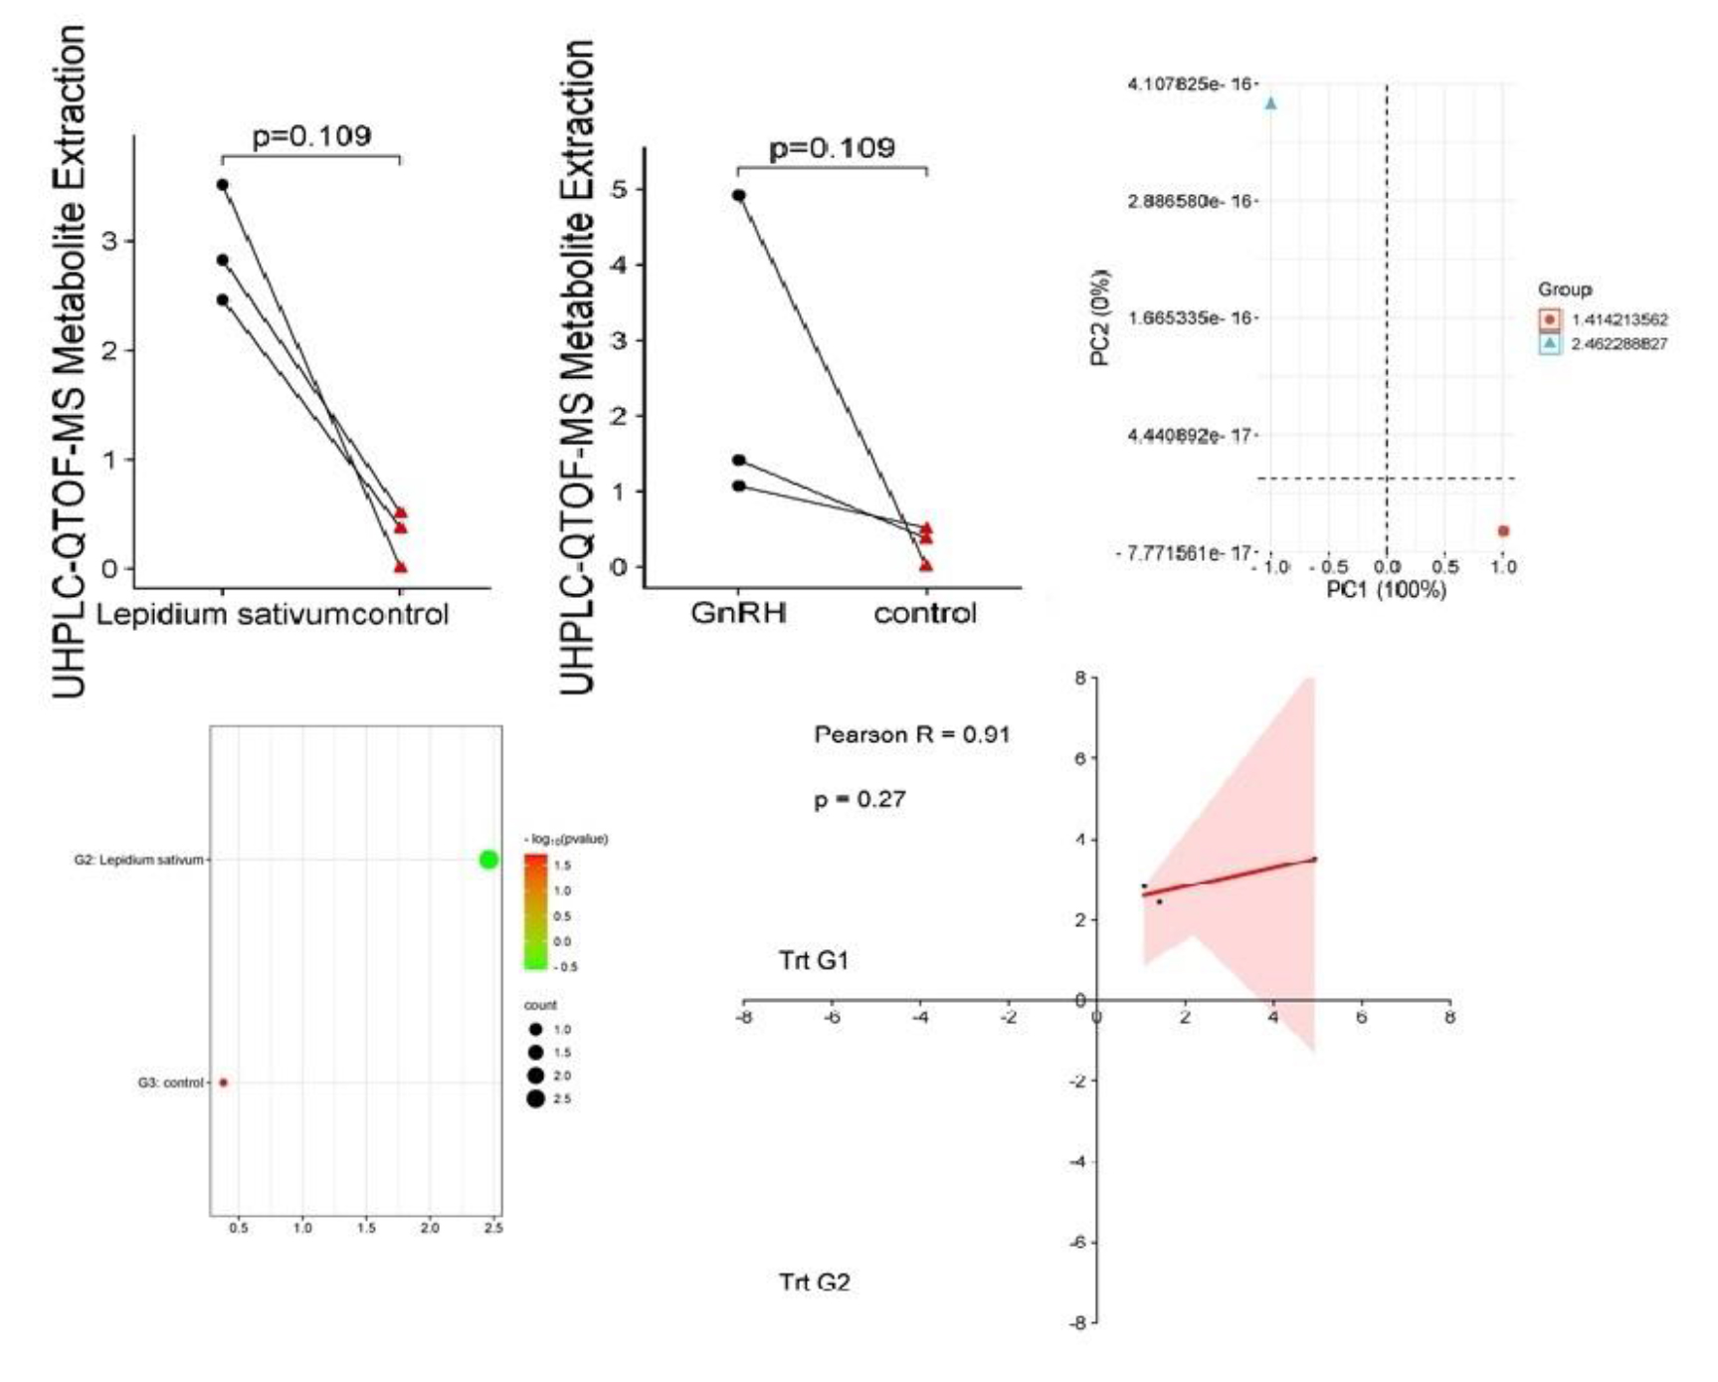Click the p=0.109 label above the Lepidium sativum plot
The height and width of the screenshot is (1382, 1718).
pyautogui.click(x=311, y=136)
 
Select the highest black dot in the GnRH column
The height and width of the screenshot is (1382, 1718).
pyautogui.click(x=738, y=195)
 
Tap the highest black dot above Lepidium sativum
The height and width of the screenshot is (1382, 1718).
pyautogui.click(x=222, y=185)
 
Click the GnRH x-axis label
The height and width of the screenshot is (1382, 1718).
pyautogui.click(x=738, y=613)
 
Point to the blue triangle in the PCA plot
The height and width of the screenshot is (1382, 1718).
pyautogui.click(x=1270, y=103)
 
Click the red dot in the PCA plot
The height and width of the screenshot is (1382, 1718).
pyautogui.click(x=1503, y=531)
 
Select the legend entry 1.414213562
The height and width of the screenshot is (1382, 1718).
pyautogui.click(x=1619, y=320)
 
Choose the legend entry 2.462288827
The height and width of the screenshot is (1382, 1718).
pyautogui.click(x=1619, y=344)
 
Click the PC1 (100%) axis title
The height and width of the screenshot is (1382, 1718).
pyautogui.click(x=1386, y=590)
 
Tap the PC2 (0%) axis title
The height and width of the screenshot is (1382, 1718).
pyautogui.click(x=1100, y=317)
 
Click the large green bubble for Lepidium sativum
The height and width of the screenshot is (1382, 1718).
pyautogui.click(x=488, y=860)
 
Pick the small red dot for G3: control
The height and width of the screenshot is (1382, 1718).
pyautogui.click(x=224, y=1083)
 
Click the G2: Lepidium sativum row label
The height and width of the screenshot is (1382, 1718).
pyautogui.click(x=138, y=860)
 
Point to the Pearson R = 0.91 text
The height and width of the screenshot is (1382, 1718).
pyautogui.click(x=911, y=735)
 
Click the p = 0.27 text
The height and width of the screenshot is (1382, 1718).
pyautogui.click(x=859, y=800)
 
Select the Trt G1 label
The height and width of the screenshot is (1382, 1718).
pyautogui.click(x=814, y=961)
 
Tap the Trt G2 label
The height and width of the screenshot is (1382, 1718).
pyautogui.click(x=814, y=1283)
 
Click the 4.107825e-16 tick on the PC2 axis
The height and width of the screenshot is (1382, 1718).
pyautogui.click(x=1189, y=84)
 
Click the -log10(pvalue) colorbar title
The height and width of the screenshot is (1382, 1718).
pyautogui.click(x=566, y=839)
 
